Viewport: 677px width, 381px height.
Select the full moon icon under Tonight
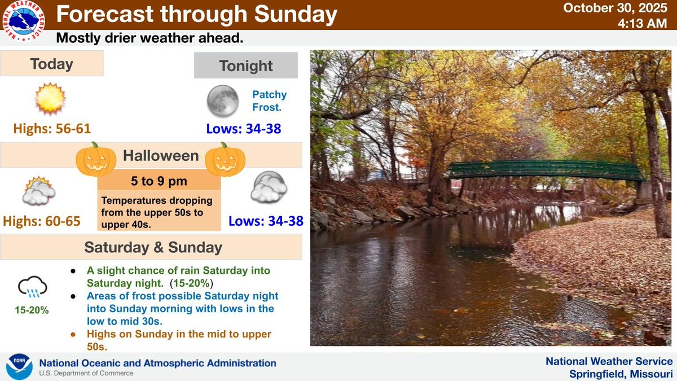click(222, 99)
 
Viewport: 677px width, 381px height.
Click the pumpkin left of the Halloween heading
click(96, 159)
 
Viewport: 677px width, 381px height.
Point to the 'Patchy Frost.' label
click(270, 100)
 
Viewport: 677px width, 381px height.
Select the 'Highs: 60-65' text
click(42, 220)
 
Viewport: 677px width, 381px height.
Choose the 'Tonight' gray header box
click(246, 65)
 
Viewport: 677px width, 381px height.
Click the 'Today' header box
click(52, 64)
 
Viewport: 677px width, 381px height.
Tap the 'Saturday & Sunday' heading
click(153, 247)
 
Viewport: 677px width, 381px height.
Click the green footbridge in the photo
click(544, 169)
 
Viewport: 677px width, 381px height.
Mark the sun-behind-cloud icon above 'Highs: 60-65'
click(38, 190)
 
